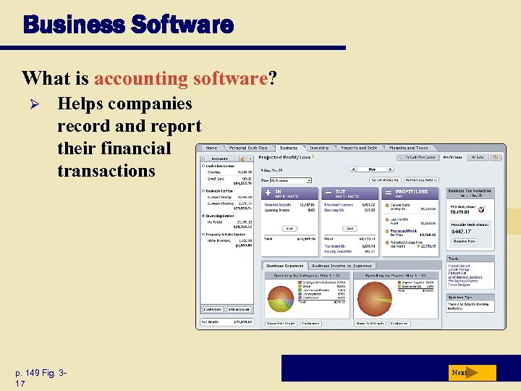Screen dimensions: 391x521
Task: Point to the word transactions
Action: (106, 171)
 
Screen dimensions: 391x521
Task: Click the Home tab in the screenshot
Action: (211, 148)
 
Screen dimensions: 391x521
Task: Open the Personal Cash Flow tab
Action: (247, 148)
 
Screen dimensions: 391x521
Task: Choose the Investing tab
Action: (319, 148)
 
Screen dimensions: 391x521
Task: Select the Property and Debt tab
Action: (359, 148)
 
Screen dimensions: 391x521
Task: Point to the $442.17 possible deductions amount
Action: (462, 232)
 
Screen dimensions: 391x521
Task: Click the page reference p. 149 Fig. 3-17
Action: (41, 377)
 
